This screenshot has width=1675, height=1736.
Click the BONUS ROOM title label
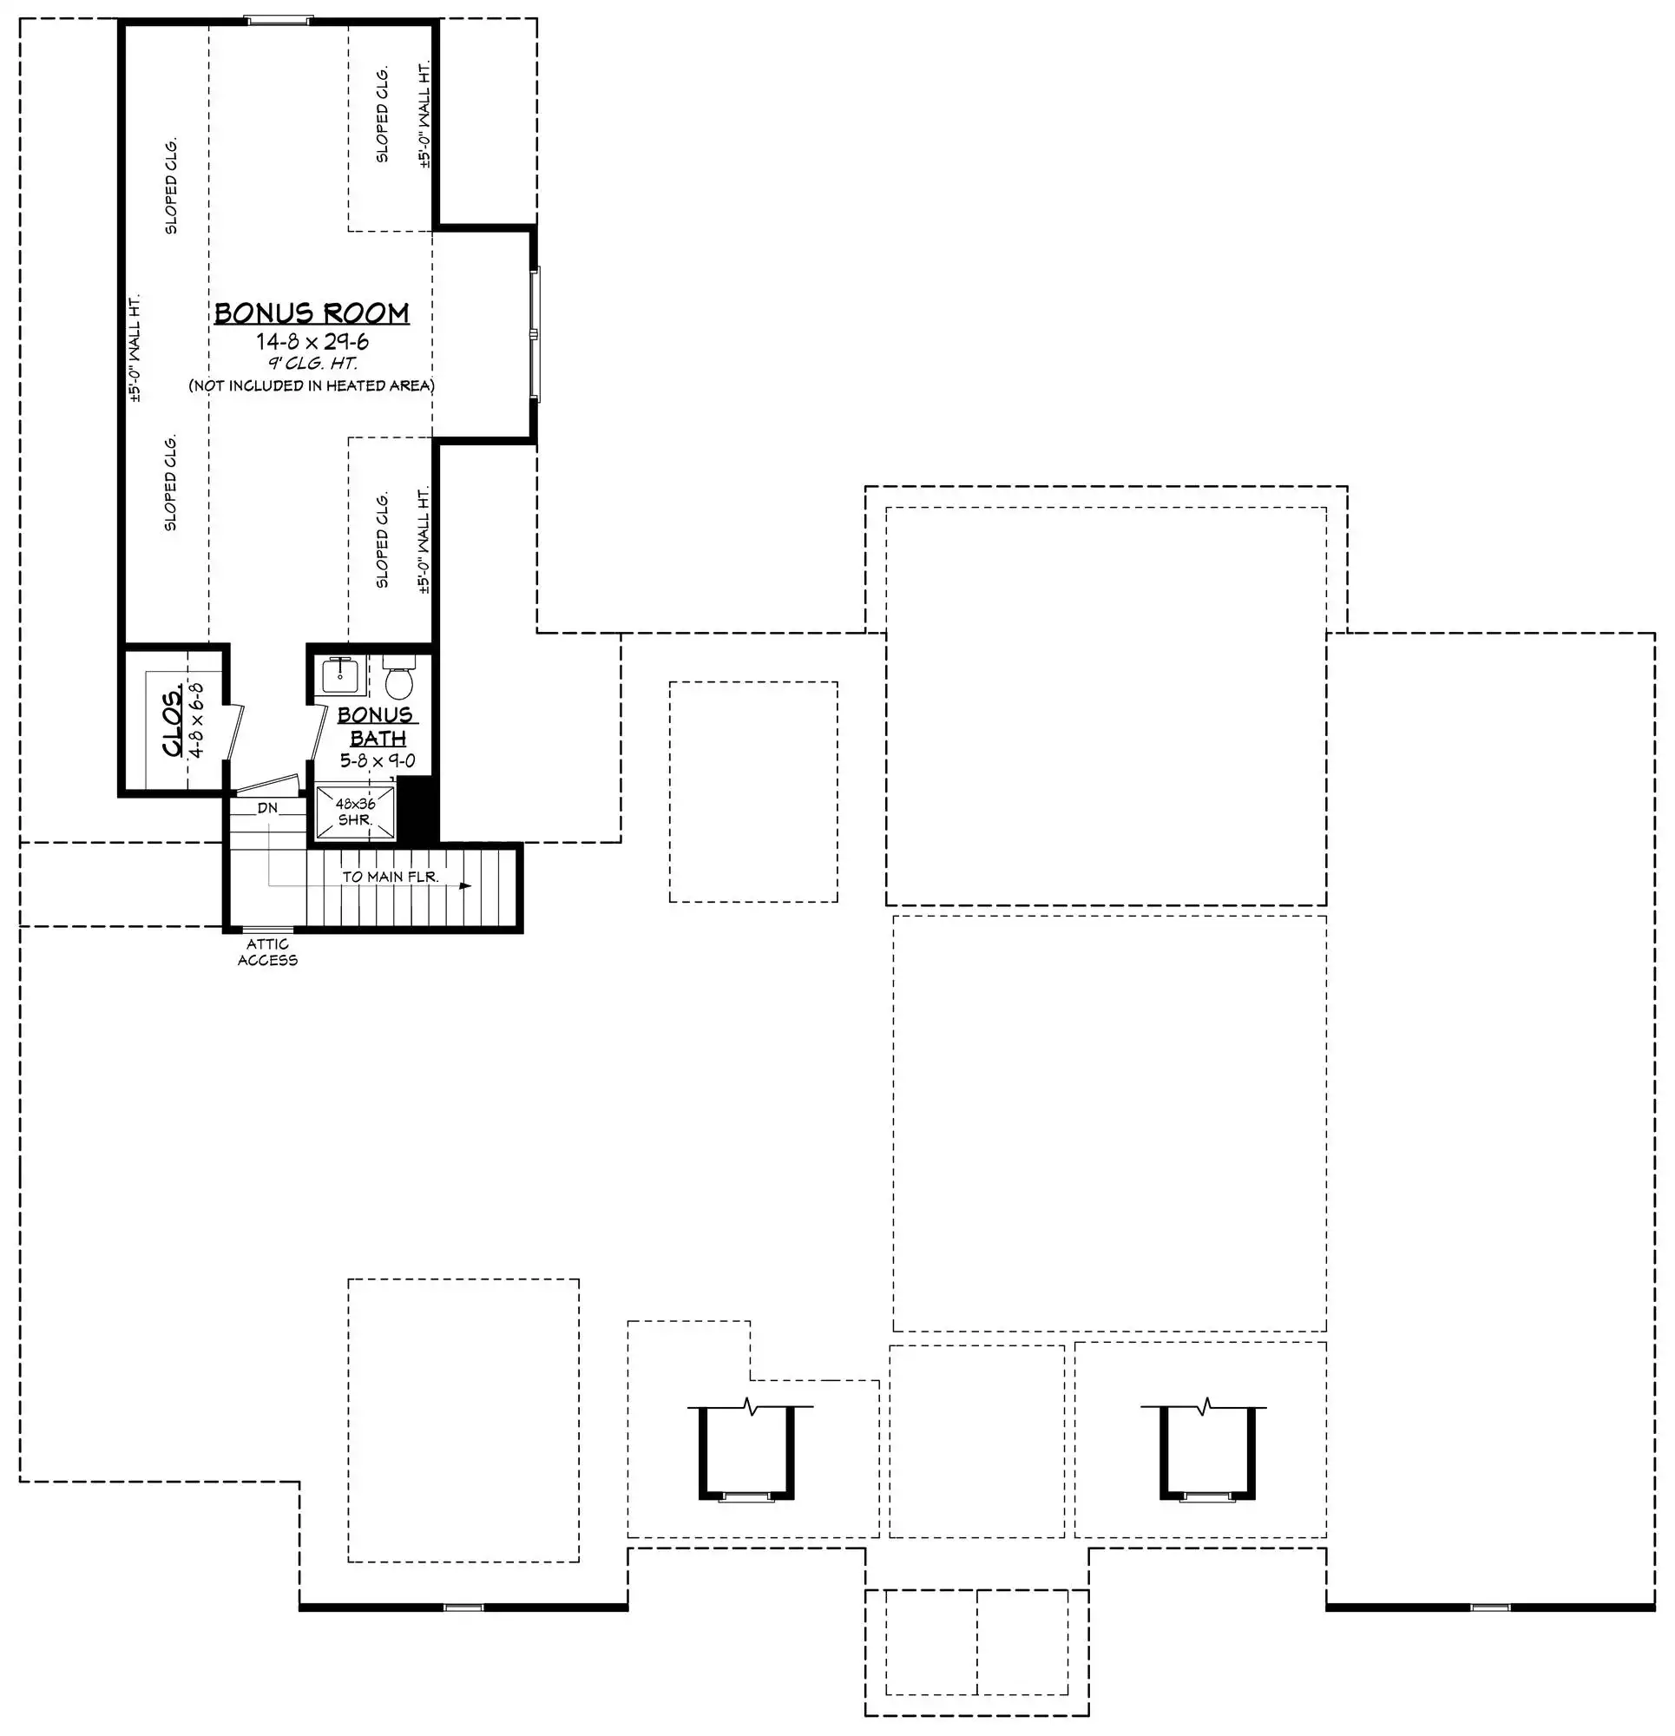tap(312, 313)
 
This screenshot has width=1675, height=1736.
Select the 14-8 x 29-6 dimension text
tap(312, 342)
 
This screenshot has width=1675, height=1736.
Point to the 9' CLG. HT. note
tap(312, 363)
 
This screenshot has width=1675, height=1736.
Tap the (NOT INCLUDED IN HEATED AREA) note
tap(312, 385)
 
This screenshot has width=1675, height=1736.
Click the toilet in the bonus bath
tap(400, 679)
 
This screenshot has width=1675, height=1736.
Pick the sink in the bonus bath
tap(340, 676)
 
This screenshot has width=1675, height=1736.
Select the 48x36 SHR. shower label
tap(355, 812)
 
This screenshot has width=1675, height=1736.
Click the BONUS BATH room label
tap(377, 727)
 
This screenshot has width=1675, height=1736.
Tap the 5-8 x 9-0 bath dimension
tap(378, 761)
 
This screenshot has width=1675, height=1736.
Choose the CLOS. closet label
tap(174, 720)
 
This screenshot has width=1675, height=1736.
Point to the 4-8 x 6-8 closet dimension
tap(198, 720)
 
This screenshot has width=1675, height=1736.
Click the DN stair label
tap(267, 808)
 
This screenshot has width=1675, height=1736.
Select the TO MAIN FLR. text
tap(391, 877)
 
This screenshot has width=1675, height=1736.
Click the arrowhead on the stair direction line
tap(465, 884)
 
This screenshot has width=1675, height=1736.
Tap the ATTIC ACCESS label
tap(267, 952)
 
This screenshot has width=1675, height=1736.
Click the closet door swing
tap(234, 732)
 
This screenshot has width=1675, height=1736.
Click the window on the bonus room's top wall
tap(278, 19)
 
